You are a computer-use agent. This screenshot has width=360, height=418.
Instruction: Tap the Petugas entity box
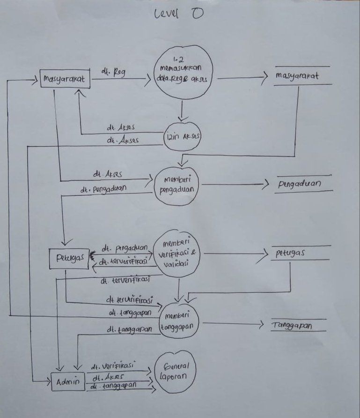[68, 257]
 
